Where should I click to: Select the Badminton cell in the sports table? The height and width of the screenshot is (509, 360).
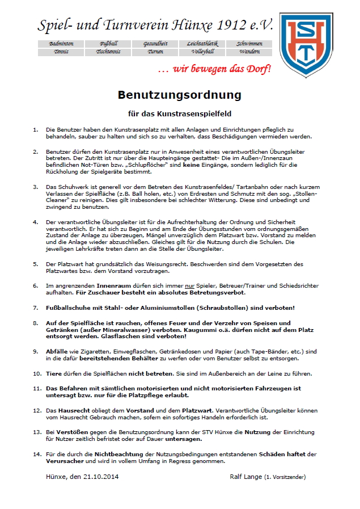[x=61, y=44]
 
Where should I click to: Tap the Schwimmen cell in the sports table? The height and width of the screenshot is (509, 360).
[x=249, y=44]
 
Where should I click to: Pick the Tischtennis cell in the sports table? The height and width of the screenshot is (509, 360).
[x=108, y=52]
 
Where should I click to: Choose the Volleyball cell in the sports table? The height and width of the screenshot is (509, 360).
[x=202, y=52]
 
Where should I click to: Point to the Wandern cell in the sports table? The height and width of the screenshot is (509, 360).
[x=249, y=52]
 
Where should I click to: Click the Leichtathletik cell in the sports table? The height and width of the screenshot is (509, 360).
[x=202, y=44]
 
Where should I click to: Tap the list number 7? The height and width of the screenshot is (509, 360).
[x=36, y=308]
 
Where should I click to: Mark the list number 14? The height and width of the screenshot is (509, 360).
[x=37, y=454]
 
